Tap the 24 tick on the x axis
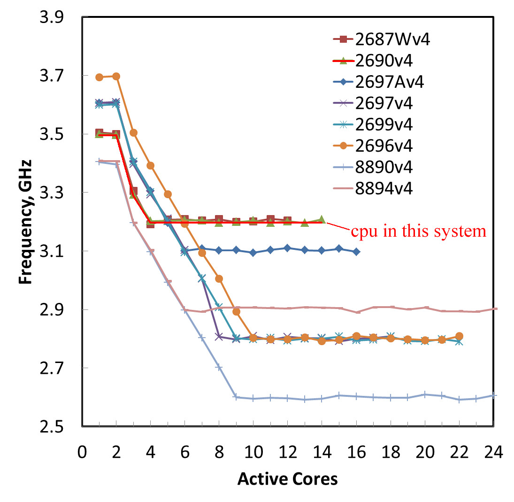pyautogui.click(x=493, y=454)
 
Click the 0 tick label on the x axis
pyautogui.click(x=82, y=454)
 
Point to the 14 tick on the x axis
pyautogui.click(x=322, y=454)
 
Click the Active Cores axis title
pyautogui.click(x=287, y=479)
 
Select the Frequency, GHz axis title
pyautogui.click(x=26, y=222)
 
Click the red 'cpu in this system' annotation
pyautogui.click(x=418, y=232)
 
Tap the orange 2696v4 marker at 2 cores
pyautogui.click(x=116, y=76)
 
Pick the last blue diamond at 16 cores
pyautogui.click(x=356, y=252)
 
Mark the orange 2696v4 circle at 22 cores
pyautogui.click(x=459, y=336)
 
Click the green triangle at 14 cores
pyautogui.click(x=322, y=219)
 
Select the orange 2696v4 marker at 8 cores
pyautogui.click(x=219, y=278)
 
